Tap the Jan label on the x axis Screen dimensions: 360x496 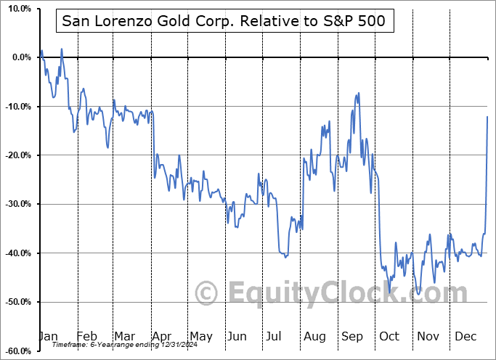[x=47, y=336]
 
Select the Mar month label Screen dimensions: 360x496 [x=123, y=336]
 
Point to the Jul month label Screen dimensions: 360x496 [x=275, y=336]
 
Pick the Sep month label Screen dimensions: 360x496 [x=352, y=336]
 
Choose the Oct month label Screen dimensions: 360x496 [x=389, y=336]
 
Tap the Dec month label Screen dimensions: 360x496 [x=466, y=336]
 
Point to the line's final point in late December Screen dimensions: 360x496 [x=487, y=117]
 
